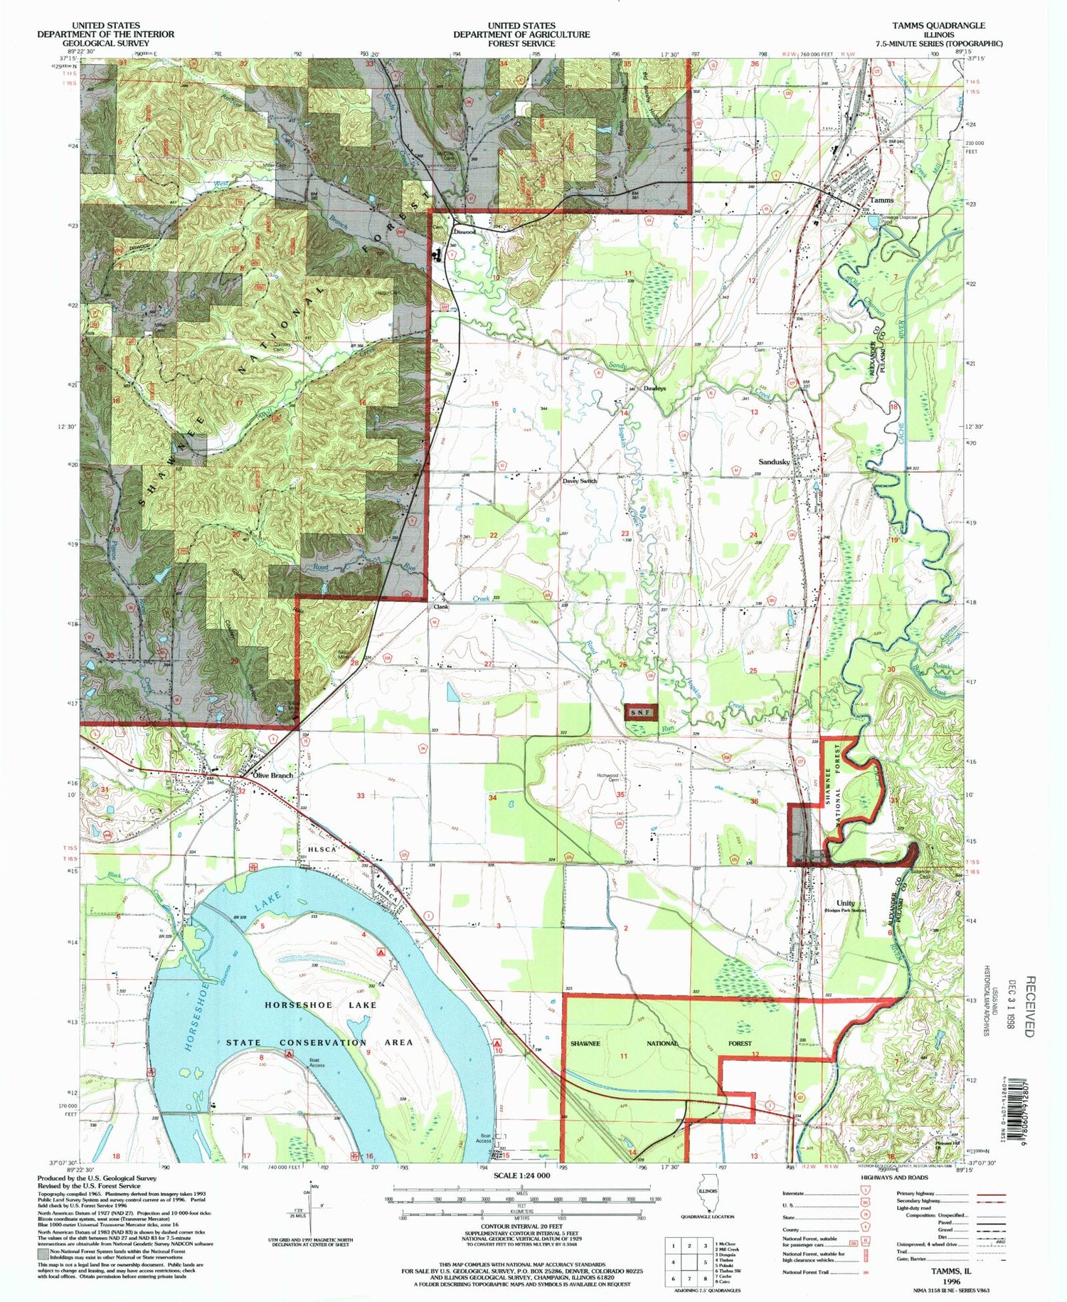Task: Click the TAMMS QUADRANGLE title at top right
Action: pos(939,25)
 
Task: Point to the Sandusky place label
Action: pos(775,462)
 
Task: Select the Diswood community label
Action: pos(464,232)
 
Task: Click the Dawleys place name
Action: pos(654,388)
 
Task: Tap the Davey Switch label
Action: pos(580,481)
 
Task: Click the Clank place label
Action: pos(440,608)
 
